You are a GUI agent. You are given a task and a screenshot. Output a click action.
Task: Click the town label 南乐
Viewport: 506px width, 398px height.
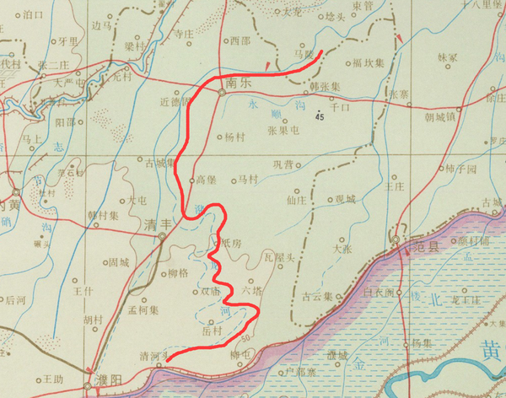[x=240, y=83]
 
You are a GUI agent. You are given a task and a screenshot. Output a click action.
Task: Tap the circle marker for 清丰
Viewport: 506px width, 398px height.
[x=163, y=237]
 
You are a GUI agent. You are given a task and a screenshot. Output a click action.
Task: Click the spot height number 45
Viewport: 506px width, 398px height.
[x=320, y=117]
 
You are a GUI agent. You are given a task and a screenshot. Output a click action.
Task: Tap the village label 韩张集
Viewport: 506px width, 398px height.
[x=324, y=87]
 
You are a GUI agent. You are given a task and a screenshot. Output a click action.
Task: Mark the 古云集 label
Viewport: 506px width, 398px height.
[x=317, y=297]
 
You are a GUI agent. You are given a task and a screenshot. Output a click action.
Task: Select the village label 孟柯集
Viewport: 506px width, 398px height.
[x=143, y=310]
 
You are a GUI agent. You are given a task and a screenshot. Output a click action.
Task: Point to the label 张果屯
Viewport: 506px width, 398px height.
[x=283, y=131]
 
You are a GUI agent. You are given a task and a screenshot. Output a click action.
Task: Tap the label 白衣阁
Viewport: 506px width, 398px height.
[x=378, y=293]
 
